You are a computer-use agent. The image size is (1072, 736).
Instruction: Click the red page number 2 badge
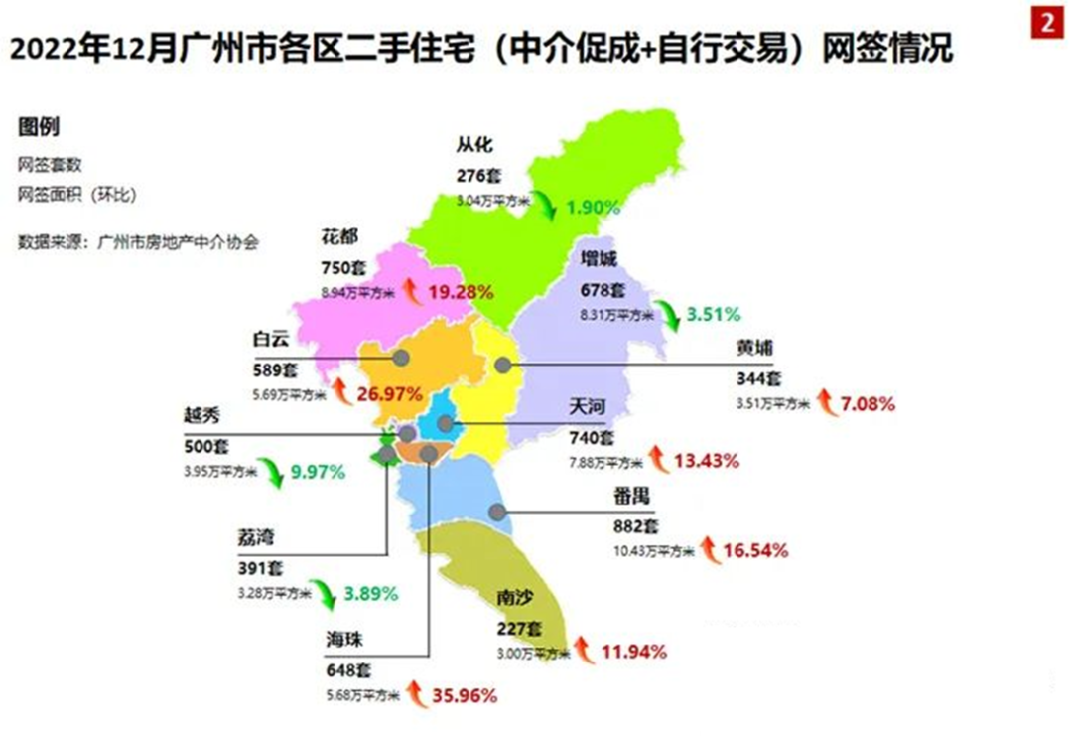pyautogui.click(x=1047, y=22)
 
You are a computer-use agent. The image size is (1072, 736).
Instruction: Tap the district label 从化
pyautogui.click(x=474, y=145)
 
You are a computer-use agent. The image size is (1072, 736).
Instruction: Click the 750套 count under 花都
pyautogui.click(x=342, y=268)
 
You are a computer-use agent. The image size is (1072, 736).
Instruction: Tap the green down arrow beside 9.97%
pyautogui.click(x=270, y=471)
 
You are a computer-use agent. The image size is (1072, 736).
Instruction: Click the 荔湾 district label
pyautogui.click(x=256, y=537)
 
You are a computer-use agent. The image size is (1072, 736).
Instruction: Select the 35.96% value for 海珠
pyautogui.click(x=465, y=695)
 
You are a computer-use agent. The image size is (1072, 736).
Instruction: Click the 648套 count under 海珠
pyautogui.click(x=346, y=669)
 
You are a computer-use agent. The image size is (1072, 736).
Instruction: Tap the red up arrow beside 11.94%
pyautogui.click(x=583, y=652)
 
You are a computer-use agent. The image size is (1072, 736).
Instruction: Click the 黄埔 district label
pyautogui.click(x=755, y=348)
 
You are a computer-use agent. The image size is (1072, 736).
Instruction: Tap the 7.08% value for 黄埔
pyautogui.click(x=868, y=404)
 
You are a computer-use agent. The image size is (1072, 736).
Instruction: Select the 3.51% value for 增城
pyautogui.click(x=713, y=315)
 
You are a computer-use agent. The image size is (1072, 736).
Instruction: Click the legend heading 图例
pyautogui.click(x=39, y=127)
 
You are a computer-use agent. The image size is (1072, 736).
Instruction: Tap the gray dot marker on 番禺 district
pyautogui.click(x=497, y=513)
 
